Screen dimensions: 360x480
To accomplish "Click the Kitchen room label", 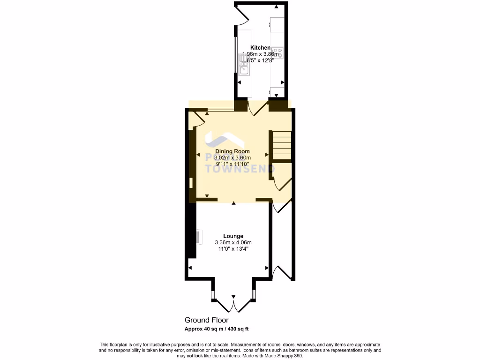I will (260, 48).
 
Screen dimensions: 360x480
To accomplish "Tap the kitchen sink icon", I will (244, 66).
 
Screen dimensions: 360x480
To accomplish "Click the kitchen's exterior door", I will (242, 15).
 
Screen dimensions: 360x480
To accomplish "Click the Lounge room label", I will (233, 236).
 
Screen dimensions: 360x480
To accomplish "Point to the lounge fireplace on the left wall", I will (199, 237).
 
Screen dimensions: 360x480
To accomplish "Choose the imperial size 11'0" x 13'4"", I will (233, 249).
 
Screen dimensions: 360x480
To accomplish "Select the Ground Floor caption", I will (206, 320).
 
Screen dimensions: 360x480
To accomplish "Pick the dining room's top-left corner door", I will (198, 119).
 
